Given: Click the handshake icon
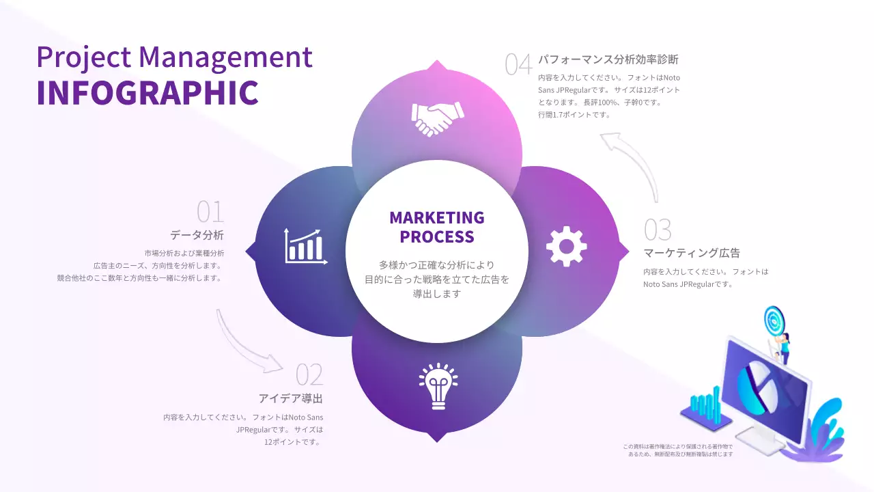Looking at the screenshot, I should pos(437,118).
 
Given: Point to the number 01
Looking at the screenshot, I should pos(210,212).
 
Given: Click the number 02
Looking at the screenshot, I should pos(309,374).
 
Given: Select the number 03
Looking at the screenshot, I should pos(658,230).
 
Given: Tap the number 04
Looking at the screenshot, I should pos(518,64).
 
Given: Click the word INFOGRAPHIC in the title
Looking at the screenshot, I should pos(147,93).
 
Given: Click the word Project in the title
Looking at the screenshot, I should pos(83,57).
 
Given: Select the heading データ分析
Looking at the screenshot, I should pos(197,235).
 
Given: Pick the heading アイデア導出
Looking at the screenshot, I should pos(290,398).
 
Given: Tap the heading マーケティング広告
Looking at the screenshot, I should pos(692,253).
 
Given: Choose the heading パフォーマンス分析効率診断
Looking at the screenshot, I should pos(608,59).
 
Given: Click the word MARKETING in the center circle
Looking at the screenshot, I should pos(437,218).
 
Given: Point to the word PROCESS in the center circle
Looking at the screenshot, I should pos(437,237).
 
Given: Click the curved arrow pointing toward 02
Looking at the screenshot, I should pos(246,344).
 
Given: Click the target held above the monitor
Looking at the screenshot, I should pos(774,320).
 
